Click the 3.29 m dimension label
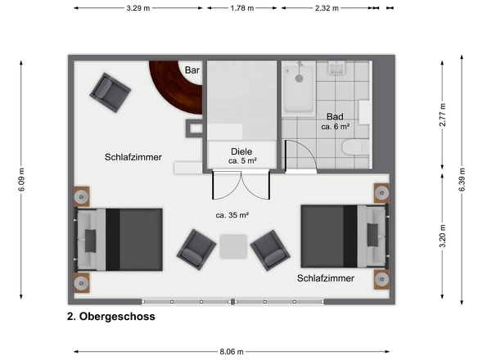pos(138,8)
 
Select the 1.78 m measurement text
pos(242,8)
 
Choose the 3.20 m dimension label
pos(443,237)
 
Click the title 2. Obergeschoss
pos(111,316)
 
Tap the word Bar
pos(193,70)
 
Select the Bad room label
pos(335,116)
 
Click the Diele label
pos(241,151)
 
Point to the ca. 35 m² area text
pos(232,215)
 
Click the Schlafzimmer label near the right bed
pos(326,279)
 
